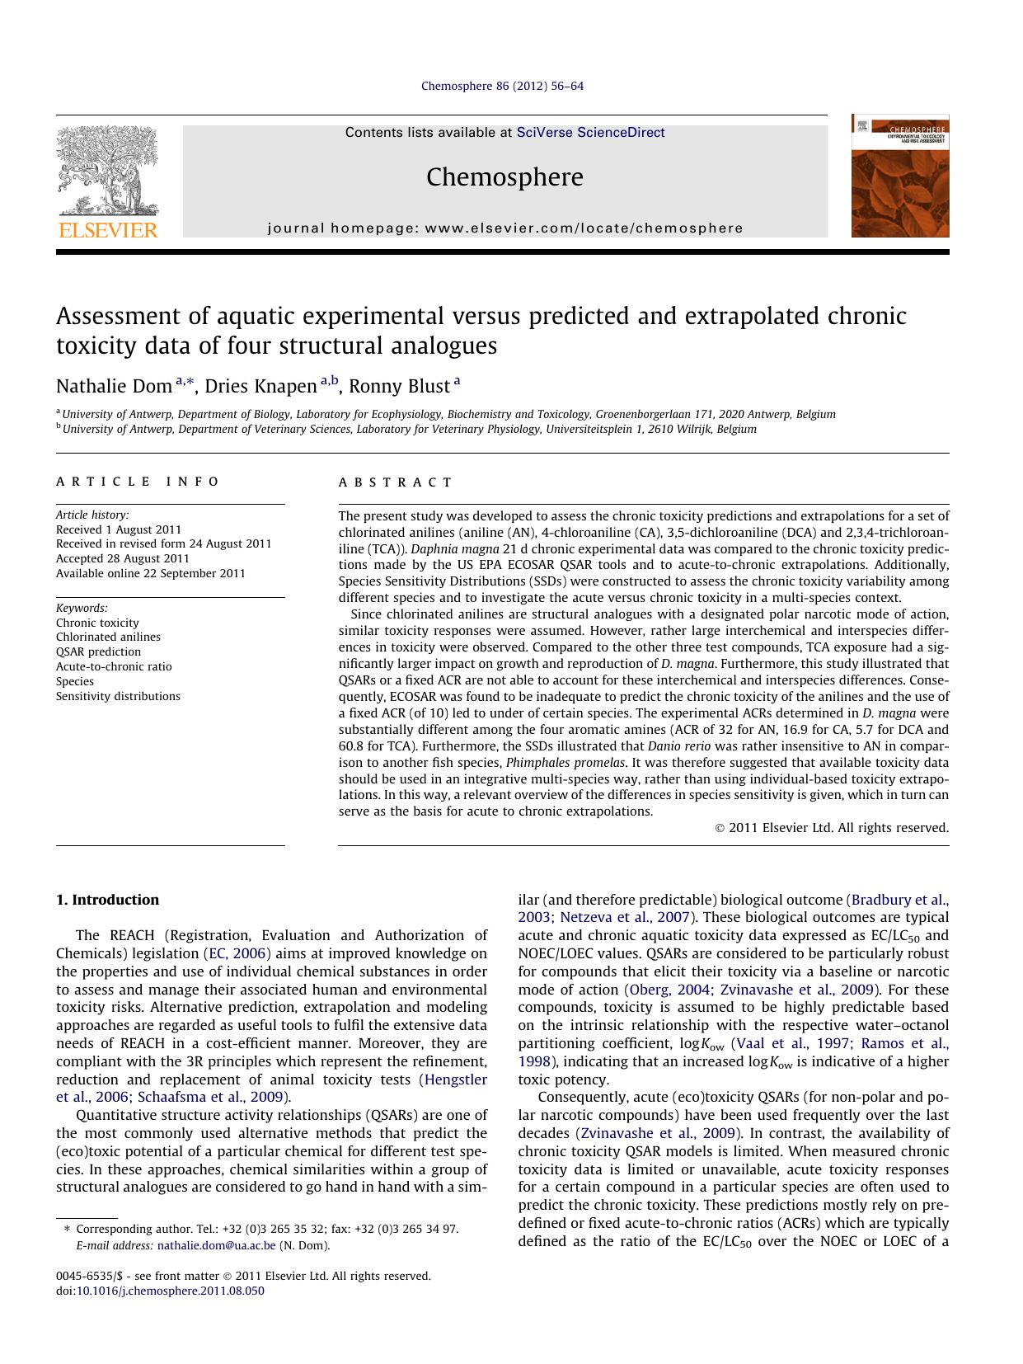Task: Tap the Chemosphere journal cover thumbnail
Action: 899,176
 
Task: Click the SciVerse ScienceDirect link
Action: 590,133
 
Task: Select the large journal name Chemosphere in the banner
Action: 504,177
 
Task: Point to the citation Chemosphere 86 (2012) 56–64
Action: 502,86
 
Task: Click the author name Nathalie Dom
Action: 114,386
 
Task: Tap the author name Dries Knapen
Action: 260,386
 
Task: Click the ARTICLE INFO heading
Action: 138,482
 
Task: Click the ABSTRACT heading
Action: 396,482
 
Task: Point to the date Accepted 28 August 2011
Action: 123,558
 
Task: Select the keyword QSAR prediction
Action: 98,651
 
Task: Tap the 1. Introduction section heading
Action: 107,900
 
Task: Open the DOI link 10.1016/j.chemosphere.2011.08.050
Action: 170,1291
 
